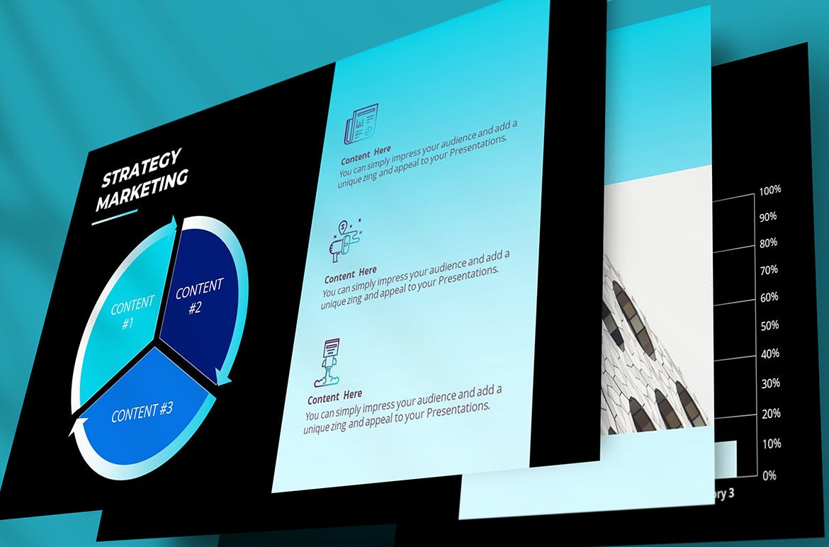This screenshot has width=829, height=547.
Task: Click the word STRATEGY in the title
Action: pos(142,167)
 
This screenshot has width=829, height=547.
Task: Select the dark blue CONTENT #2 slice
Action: pos(199,298)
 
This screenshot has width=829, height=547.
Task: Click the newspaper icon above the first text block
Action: pos(361,124)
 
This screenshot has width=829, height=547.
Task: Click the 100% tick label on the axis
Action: pos(769,191)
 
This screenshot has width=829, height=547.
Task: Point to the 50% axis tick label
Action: pos(769,326)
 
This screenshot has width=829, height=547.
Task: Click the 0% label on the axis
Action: pos(769,475)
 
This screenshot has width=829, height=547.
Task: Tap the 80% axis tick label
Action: pos(769,243)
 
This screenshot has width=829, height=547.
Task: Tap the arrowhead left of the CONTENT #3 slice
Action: pos(76,428)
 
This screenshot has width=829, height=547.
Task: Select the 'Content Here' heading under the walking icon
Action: pos(335,395)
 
